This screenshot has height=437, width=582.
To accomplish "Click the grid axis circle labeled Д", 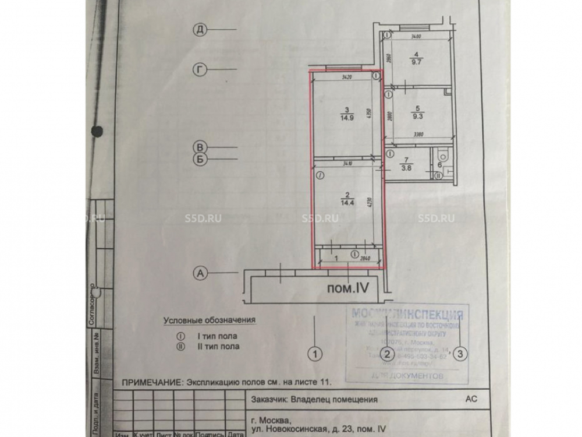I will [x=199, y=30].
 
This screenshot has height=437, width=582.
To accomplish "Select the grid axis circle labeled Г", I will [x=199, y=69].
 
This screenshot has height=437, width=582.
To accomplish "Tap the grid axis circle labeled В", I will [x=199, y=147].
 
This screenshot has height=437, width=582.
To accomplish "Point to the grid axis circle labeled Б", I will [x=199, y=158].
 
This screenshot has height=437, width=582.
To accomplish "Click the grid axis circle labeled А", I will [x=200, y=272].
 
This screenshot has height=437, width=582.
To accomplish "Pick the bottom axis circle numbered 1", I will [x=315, y=353].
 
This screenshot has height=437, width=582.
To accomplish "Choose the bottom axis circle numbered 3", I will [x=461, y=353].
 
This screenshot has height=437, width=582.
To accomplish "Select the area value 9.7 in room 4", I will [x=417, y=61].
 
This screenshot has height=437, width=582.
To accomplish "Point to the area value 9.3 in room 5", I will [x=417, y=115].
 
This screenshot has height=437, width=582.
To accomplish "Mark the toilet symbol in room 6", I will [x=443, y=156].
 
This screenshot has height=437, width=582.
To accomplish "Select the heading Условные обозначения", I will [x=209, y=320].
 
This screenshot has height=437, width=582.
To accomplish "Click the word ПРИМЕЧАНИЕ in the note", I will [x=150, y=383].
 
